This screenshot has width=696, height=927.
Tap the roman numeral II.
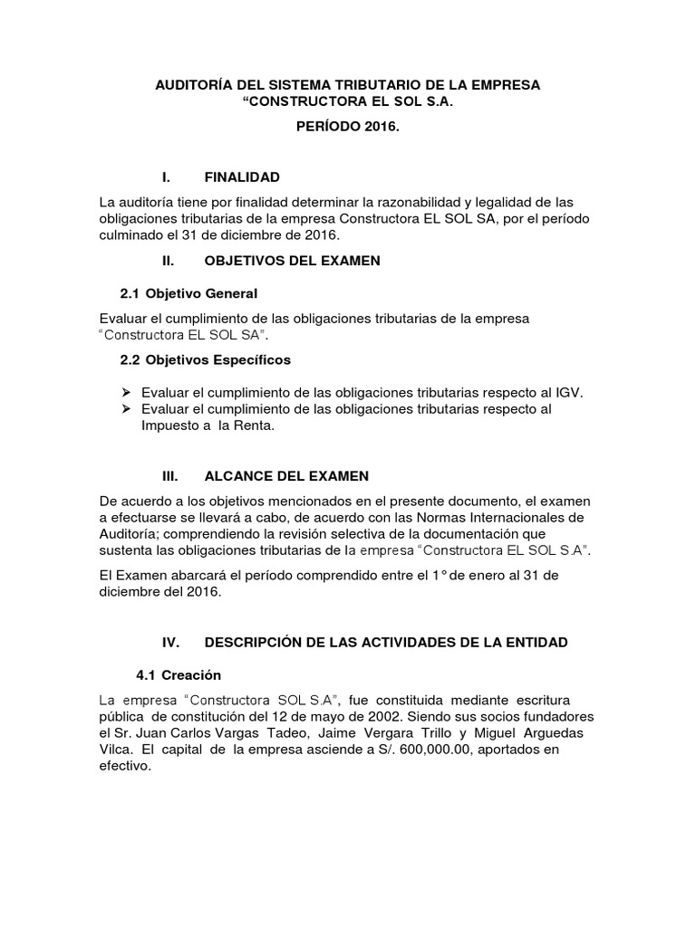tap(167, 261)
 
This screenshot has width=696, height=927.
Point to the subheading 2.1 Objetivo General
tap(188, 294)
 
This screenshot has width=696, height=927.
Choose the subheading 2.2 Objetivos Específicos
tap(206, 359)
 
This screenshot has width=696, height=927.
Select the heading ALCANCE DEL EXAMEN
tap(286, 476)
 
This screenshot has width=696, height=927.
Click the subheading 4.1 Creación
tap(178, 675)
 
